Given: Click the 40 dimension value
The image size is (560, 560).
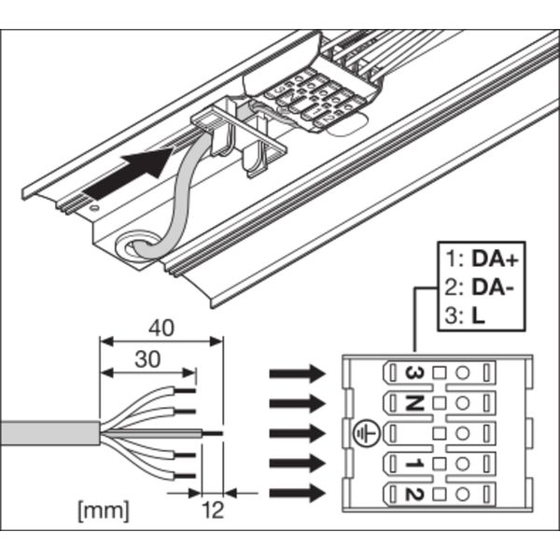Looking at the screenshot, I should [162, 329].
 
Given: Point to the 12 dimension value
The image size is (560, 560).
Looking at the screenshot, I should [213, 510].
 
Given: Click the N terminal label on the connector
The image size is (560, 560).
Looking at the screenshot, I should [413, 403].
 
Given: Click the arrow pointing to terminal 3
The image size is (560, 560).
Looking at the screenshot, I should [297, 374].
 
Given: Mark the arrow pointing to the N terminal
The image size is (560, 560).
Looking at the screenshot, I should [297, 403].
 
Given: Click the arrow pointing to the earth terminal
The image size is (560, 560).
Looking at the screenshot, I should [297, 433].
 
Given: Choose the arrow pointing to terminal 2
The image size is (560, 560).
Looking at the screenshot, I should [297, 492].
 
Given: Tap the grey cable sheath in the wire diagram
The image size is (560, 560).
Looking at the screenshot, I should [47, 434].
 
